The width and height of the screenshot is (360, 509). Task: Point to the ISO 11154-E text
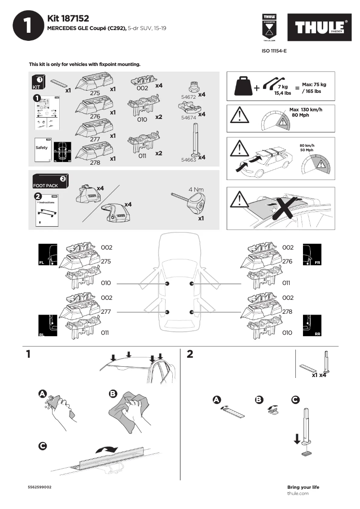point(274,51)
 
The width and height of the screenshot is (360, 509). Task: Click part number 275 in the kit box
point(95,93)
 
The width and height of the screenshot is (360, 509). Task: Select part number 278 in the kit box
point(95,163)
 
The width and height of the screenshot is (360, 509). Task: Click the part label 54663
point(189,159)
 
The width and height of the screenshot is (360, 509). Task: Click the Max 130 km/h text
point(306,110)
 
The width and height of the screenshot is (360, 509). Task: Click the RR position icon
point(312,325)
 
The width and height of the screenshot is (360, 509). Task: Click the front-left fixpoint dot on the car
point(167,284)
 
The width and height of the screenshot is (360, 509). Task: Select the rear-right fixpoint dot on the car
point(192,312)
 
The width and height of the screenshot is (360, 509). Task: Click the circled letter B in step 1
point(113,394)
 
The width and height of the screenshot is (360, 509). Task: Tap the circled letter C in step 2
point(295,399)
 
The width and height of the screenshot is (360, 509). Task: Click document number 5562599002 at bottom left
point(40,487)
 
